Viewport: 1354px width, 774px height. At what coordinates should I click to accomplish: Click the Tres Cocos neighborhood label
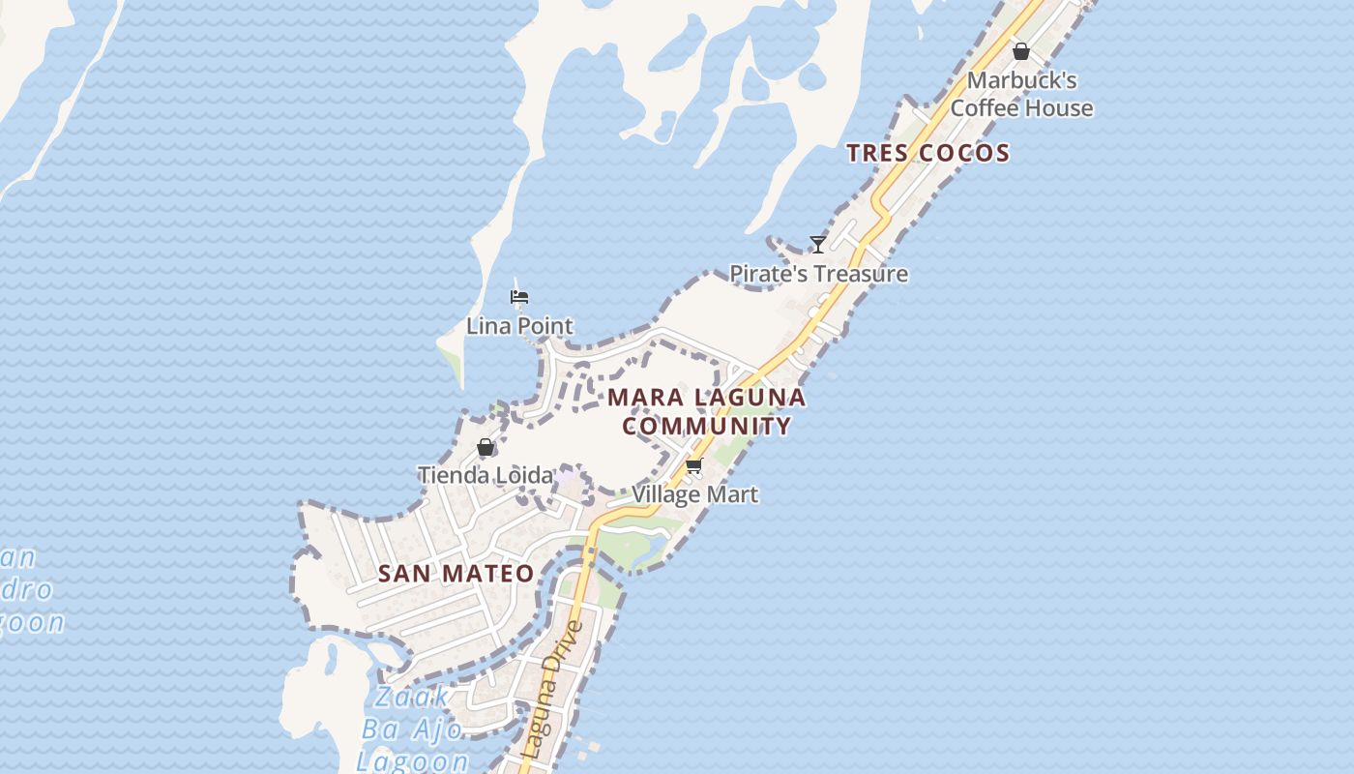[x=927, y=153]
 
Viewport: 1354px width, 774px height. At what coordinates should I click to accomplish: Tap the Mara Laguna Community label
[x=706, y=411]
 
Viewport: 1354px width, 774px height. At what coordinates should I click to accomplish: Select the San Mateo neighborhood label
[x=456, y=574]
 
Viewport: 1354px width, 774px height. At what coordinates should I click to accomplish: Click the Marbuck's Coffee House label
[x=1021, y=94]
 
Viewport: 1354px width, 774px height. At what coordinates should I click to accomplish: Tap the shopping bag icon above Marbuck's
[x=1020, y=51]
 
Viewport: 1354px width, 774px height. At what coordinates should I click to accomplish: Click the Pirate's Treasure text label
[x=818, y=274]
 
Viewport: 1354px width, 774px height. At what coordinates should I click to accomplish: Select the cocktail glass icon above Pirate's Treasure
[x=818, y=244]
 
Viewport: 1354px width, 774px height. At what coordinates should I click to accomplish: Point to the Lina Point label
[x=519, y=326]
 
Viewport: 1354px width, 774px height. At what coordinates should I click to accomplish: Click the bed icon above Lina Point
[x=519, y=296]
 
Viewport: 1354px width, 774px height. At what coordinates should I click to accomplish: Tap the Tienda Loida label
[x=486, y=475]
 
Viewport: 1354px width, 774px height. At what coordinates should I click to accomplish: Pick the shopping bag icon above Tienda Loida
[x=486, y=448]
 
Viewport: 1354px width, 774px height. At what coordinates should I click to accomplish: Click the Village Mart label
[x=694, y=494]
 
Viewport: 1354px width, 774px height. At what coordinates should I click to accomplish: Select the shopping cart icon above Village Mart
[x=693, y=467]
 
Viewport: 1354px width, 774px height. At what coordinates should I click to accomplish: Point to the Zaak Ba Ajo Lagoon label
[x=413, y=729]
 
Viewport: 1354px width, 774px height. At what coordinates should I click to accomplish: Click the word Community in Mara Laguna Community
[x=706, y=426]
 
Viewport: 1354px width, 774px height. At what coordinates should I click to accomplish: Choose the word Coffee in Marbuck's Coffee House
[x=985, y=108]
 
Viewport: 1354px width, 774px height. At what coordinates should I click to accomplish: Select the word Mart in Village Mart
[x=732, y=494]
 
